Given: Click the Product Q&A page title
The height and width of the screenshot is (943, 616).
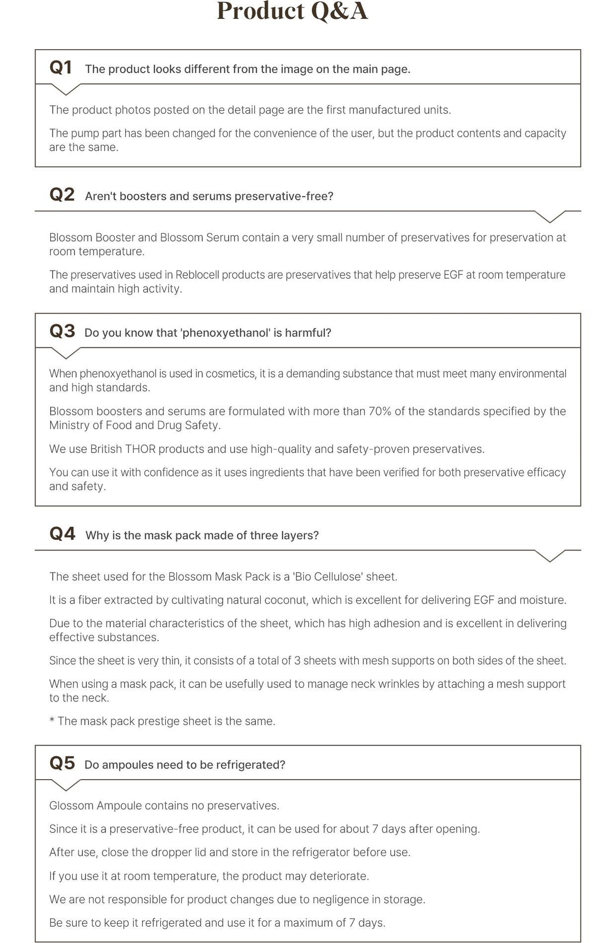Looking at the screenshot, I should click(x=292, y=11).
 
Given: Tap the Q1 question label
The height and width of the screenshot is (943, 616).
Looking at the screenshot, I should click(x=61, y=67).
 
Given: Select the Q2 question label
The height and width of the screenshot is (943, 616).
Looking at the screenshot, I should click(x=62, y=195).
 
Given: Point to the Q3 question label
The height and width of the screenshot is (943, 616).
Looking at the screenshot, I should click(x=62, y=331).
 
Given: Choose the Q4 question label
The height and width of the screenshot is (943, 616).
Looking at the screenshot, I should click(x=62, y=534).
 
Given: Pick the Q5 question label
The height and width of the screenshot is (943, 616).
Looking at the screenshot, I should click(x=62, y=763).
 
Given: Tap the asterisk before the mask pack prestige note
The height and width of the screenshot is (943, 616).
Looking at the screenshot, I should click(x=52, y=720).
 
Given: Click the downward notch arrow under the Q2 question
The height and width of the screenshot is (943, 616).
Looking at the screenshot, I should click(x=550, y=217).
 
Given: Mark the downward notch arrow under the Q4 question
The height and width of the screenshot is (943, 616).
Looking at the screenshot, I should click(x=550, y=556).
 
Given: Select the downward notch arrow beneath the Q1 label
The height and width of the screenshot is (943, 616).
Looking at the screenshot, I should click(x=65, y=90).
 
